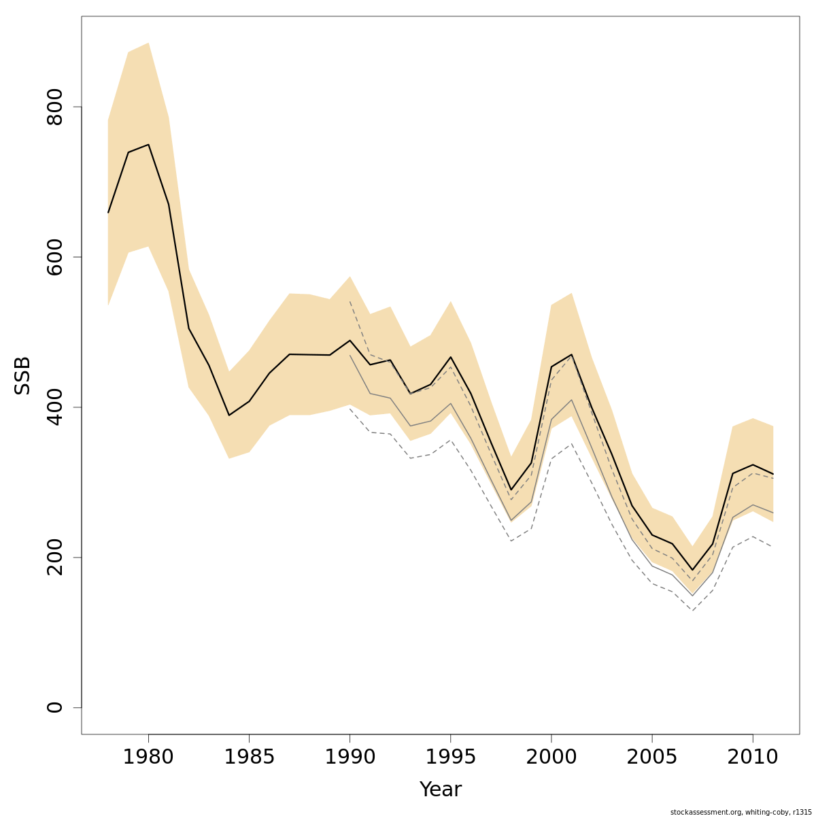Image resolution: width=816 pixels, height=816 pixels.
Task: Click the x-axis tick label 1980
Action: (x=148, y=757)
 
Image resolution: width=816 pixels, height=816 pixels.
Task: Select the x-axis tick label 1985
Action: (x=249, y=757)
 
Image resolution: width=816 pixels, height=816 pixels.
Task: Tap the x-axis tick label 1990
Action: (x=350, y=757)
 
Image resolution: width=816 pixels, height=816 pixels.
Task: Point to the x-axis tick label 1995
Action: (x=450, y=757)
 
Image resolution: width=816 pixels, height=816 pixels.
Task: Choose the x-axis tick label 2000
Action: (x=551, y=757)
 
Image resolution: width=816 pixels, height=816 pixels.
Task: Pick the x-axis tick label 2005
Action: (x=652, y=757)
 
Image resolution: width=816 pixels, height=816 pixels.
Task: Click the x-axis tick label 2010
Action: (x=753, y=757)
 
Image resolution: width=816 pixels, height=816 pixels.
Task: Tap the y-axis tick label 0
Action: (x=55, y=707)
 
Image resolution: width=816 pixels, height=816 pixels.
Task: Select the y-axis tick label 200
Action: (x=55, y=557)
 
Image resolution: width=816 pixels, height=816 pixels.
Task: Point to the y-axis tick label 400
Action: (x=55, y=407)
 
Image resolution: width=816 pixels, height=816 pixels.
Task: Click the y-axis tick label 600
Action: (x=55, y=257)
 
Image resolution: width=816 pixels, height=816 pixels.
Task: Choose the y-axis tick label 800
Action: (x=55, y=107)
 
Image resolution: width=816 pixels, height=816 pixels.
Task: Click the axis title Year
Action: (x=441, y=789)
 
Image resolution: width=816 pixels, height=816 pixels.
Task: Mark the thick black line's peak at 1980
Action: (x=148, y=144)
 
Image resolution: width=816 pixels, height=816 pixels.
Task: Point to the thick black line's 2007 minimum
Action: (x=692, y=570)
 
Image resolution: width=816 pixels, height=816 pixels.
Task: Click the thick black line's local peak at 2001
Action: (x=571, y=354)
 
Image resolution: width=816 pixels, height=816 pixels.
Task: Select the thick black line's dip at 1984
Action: (x=229, y=415)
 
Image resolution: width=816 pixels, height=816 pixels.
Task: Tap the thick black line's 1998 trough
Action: (x=511, y=490)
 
